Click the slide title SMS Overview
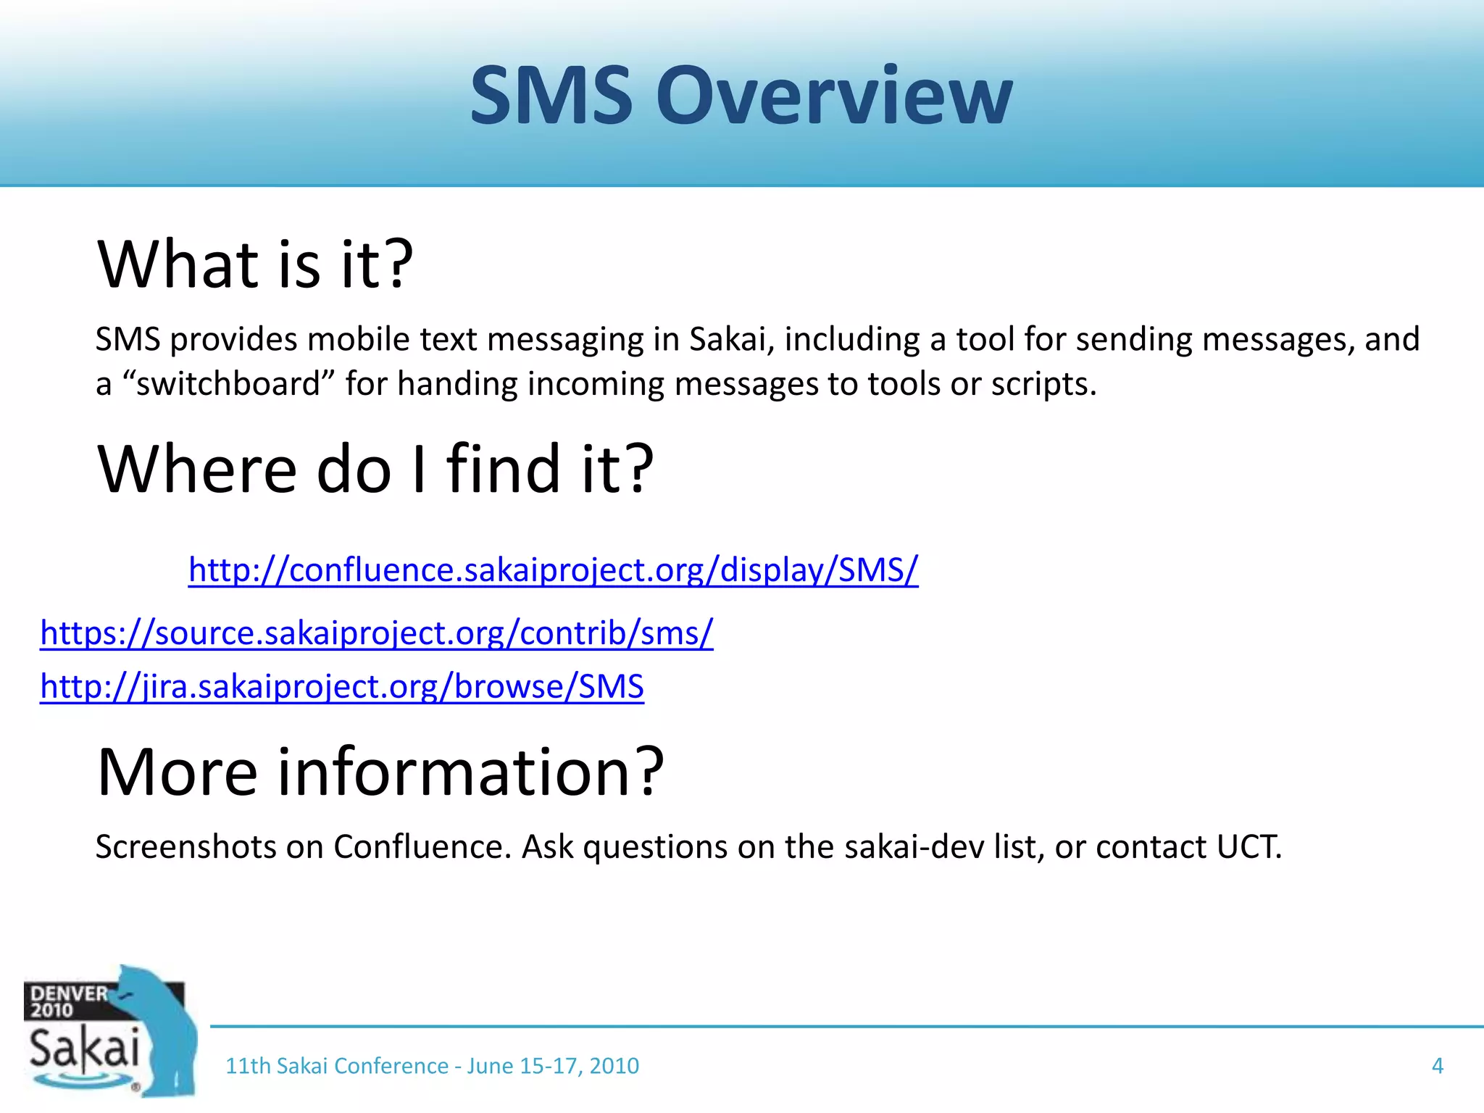(x=741, y=96)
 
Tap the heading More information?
(x=380, y=772)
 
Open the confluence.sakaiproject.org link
(x=553, y=570)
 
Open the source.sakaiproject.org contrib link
(x=376, y=633)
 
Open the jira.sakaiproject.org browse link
(x=341, y=686)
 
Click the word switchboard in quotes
(x=228, y=383)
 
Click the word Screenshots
(x=185, y=846)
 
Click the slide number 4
(x=1438, y=1066)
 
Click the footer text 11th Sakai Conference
(x=337, y=1066)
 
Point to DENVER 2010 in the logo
(x=67, y=1001)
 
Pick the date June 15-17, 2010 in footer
(x=553, y=1066)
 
